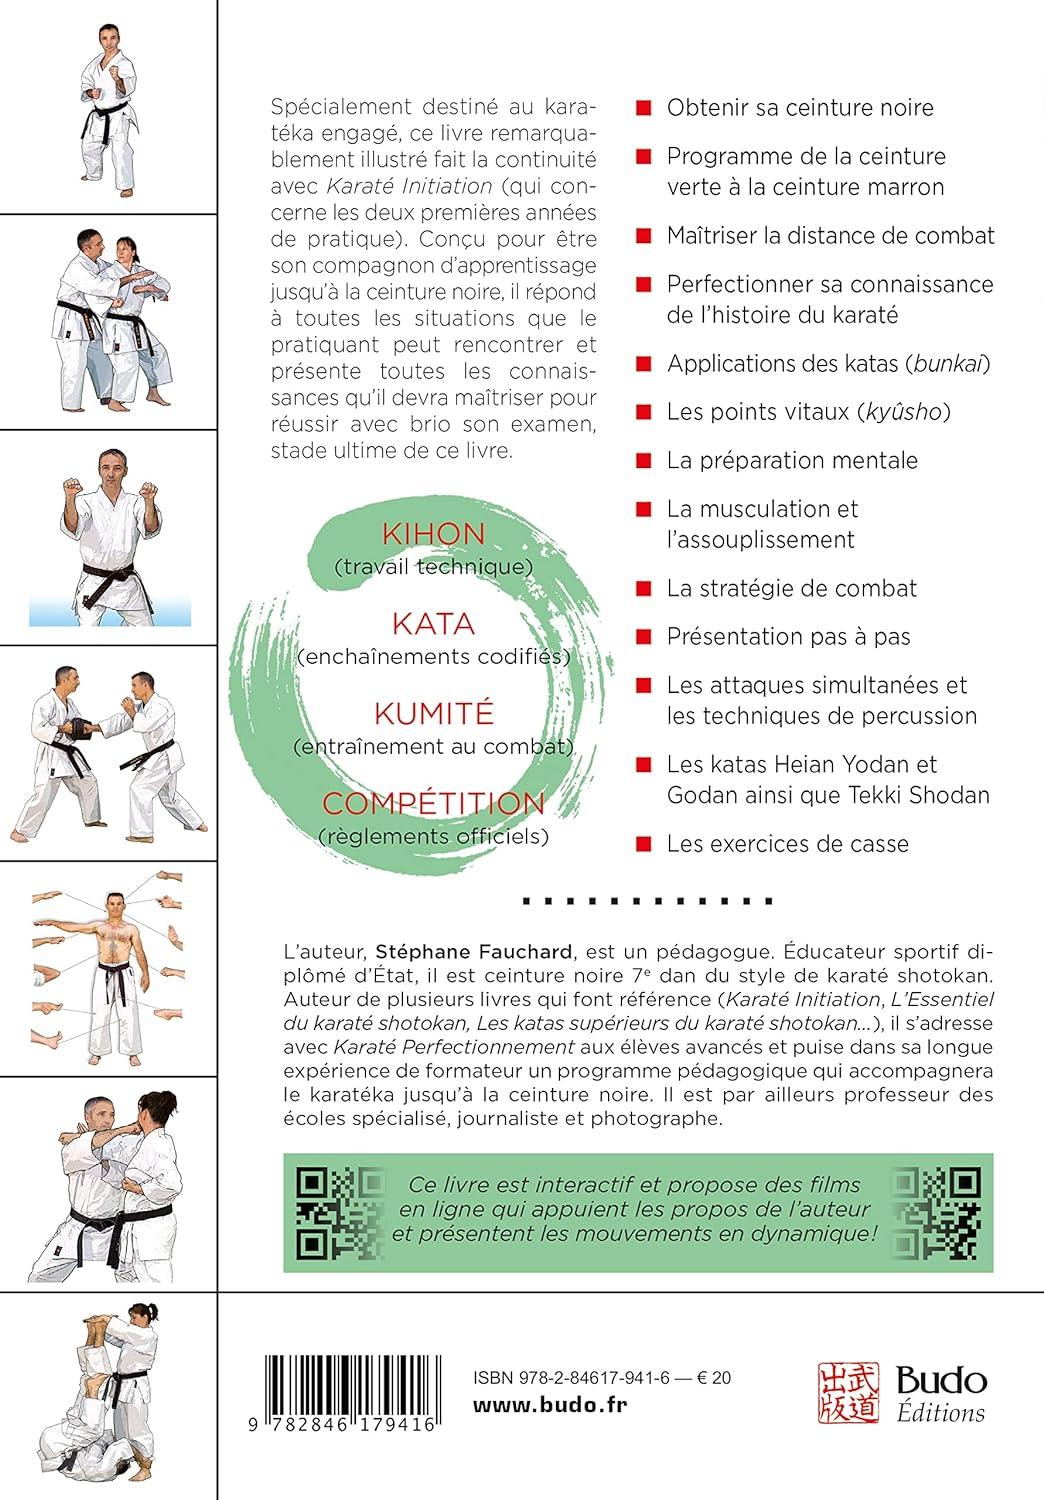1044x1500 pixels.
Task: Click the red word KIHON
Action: click(x=433, y=534)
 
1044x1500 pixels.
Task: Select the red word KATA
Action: click(x=433, y=624)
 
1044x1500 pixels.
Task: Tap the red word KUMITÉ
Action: click(x=433, y=713)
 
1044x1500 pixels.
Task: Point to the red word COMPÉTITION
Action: click(x=433, y=803)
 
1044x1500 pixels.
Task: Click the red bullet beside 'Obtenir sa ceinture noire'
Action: click(x=645, y=108)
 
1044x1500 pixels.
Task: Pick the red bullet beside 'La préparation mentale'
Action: click(x=645, y=461)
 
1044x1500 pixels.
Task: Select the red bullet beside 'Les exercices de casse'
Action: click(x=645, y=844)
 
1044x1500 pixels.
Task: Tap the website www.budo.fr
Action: click(x=535, y=1408)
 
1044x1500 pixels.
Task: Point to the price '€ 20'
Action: click(x=714, y=1378)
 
